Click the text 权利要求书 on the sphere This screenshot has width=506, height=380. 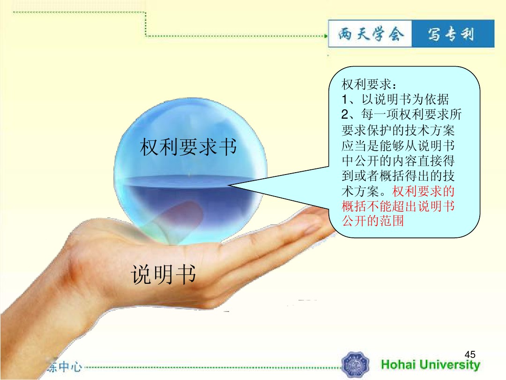(x=188, y=147)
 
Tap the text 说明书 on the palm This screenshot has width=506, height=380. (x=164, y=274)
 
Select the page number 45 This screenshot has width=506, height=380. (x=470, y=354)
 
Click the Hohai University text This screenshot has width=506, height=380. (x=431, y=365)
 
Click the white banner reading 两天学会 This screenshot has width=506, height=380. (x=370, y=34)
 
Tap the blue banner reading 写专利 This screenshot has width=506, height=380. (x=453, y=34)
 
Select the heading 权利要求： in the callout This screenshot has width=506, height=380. (x=369, y=84)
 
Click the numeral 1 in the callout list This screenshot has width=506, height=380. (x=345, y=99)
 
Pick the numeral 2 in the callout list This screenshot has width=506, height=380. (x=345, y=114)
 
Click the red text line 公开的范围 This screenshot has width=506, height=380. (x=373, y=221)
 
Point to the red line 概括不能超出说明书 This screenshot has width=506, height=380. (x=398, y=206)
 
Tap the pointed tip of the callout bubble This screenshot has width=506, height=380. (x=230, y=185)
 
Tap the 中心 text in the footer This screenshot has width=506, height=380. (x=70, y=367)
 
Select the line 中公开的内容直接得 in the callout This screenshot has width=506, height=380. (x=398, y=160)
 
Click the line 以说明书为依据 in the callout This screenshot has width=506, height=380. (x=405, y=99)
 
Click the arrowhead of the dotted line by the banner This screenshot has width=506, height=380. (x=326, y=36)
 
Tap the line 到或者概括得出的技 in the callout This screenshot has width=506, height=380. (x=398, y=176)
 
